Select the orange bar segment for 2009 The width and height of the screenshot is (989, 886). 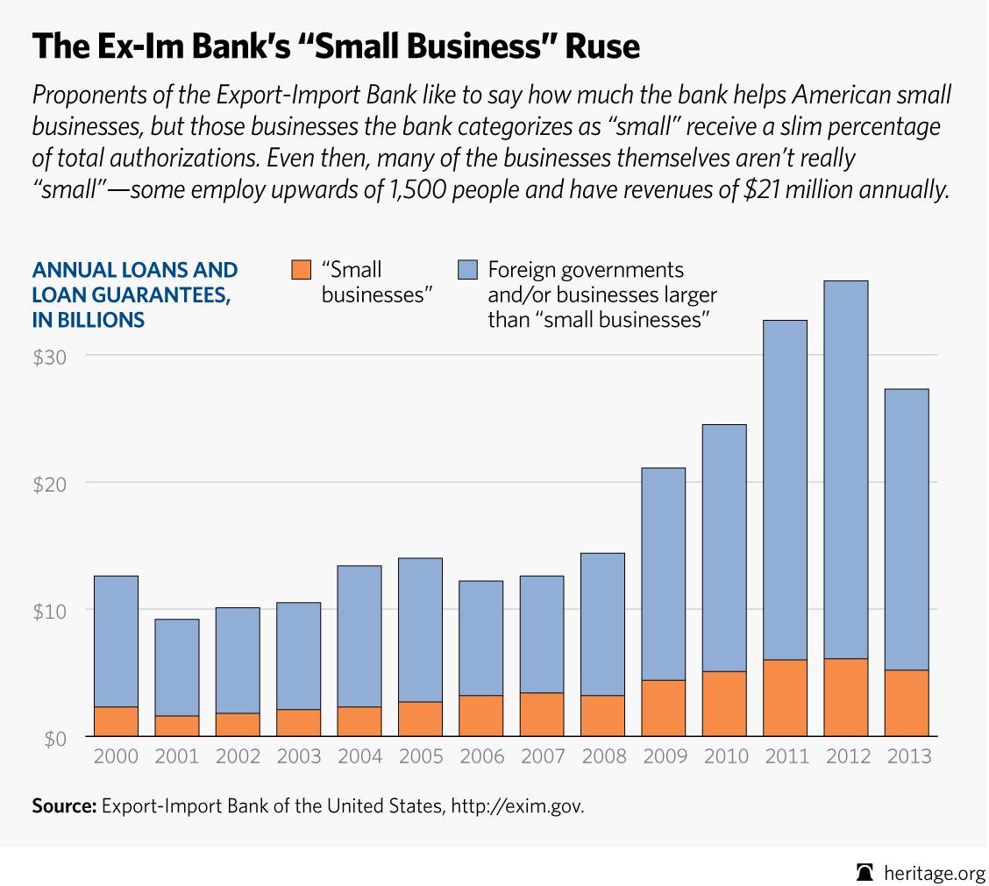click(664, 707)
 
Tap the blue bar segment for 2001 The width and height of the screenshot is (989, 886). click(177, 667)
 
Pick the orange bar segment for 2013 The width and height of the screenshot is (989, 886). click(907, 703)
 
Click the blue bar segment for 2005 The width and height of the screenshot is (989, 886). click(420, 629)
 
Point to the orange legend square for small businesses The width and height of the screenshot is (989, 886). click(301, 270)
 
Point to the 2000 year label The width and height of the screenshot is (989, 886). click(117, 756)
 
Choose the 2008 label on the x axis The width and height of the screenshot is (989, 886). click(603, 756)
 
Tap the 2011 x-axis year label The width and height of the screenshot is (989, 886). click(786, 756)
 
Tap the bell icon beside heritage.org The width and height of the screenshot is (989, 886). click(865, 868)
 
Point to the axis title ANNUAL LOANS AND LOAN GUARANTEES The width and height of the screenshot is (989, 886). click(134, 294)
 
